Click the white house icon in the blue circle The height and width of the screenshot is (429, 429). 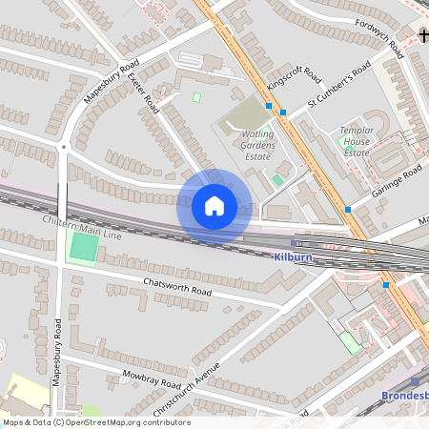coord(214,206)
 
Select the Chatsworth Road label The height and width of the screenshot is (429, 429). coord(175,286)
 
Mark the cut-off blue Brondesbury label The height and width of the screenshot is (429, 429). coord(404,395)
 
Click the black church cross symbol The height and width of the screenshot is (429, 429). coord(422,36)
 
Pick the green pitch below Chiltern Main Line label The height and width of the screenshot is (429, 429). coord(83,248)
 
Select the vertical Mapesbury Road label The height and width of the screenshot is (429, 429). coord(57,351)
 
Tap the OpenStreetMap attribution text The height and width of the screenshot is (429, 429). coord(95,422)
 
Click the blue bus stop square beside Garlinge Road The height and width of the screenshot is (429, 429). coord(348,209)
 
